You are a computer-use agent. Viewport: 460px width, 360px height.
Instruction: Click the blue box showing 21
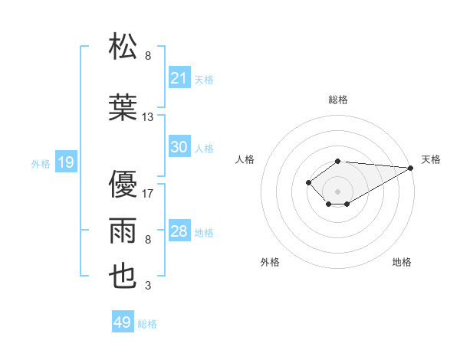point(179,78)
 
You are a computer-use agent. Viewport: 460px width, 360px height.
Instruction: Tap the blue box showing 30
point(179,147)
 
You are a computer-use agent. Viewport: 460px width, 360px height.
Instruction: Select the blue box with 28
point(179,231)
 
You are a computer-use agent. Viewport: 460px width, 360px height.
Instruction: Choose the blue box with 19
point(65,162)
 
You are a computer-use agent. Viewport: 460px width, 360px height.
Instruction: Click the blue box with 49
point(123,322)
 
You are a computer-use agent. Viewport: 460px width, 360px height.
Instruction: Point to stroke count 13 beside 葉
point(148,117)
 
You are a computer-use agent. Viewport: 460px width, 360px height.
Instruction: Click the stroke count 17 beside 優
point(148,194)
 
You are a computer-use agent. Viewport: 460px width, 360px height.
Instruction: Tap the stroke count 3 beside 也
point(148,286)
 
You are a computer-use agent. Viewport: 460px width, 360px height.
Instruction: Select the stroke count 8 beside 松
point(148,56)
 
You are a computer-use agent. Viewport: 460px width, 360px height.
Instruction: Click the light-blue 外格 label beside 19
point(41,163)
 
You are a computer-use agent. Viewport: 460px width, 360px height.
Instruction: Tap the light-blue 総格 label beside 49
point(147,324)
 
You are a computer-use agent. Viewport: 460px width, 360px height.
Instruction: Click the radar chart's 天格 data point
point(411,168)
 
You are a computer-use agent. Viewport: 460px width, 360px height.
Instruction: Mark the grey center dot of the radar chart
point(337,191)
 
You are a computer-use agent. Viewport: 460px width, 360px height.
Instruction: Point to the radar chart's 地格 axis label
point(402,262)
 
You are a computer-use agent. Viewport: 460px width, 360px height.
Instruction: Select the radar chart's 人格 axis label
point(245,159)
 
